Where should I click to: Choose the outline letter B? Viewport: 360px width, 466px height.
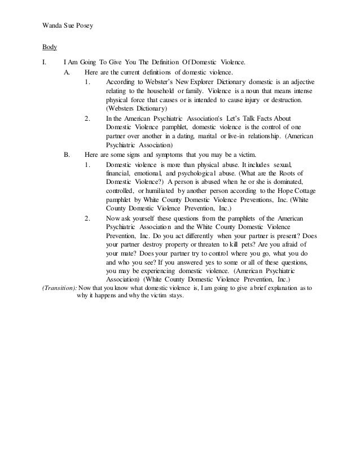coord(68,154)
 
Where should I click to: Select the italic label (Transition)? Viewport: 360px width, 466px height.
coord(59,288)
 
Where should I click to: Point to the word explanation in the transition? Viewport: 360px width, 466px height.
coord(279,288)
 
